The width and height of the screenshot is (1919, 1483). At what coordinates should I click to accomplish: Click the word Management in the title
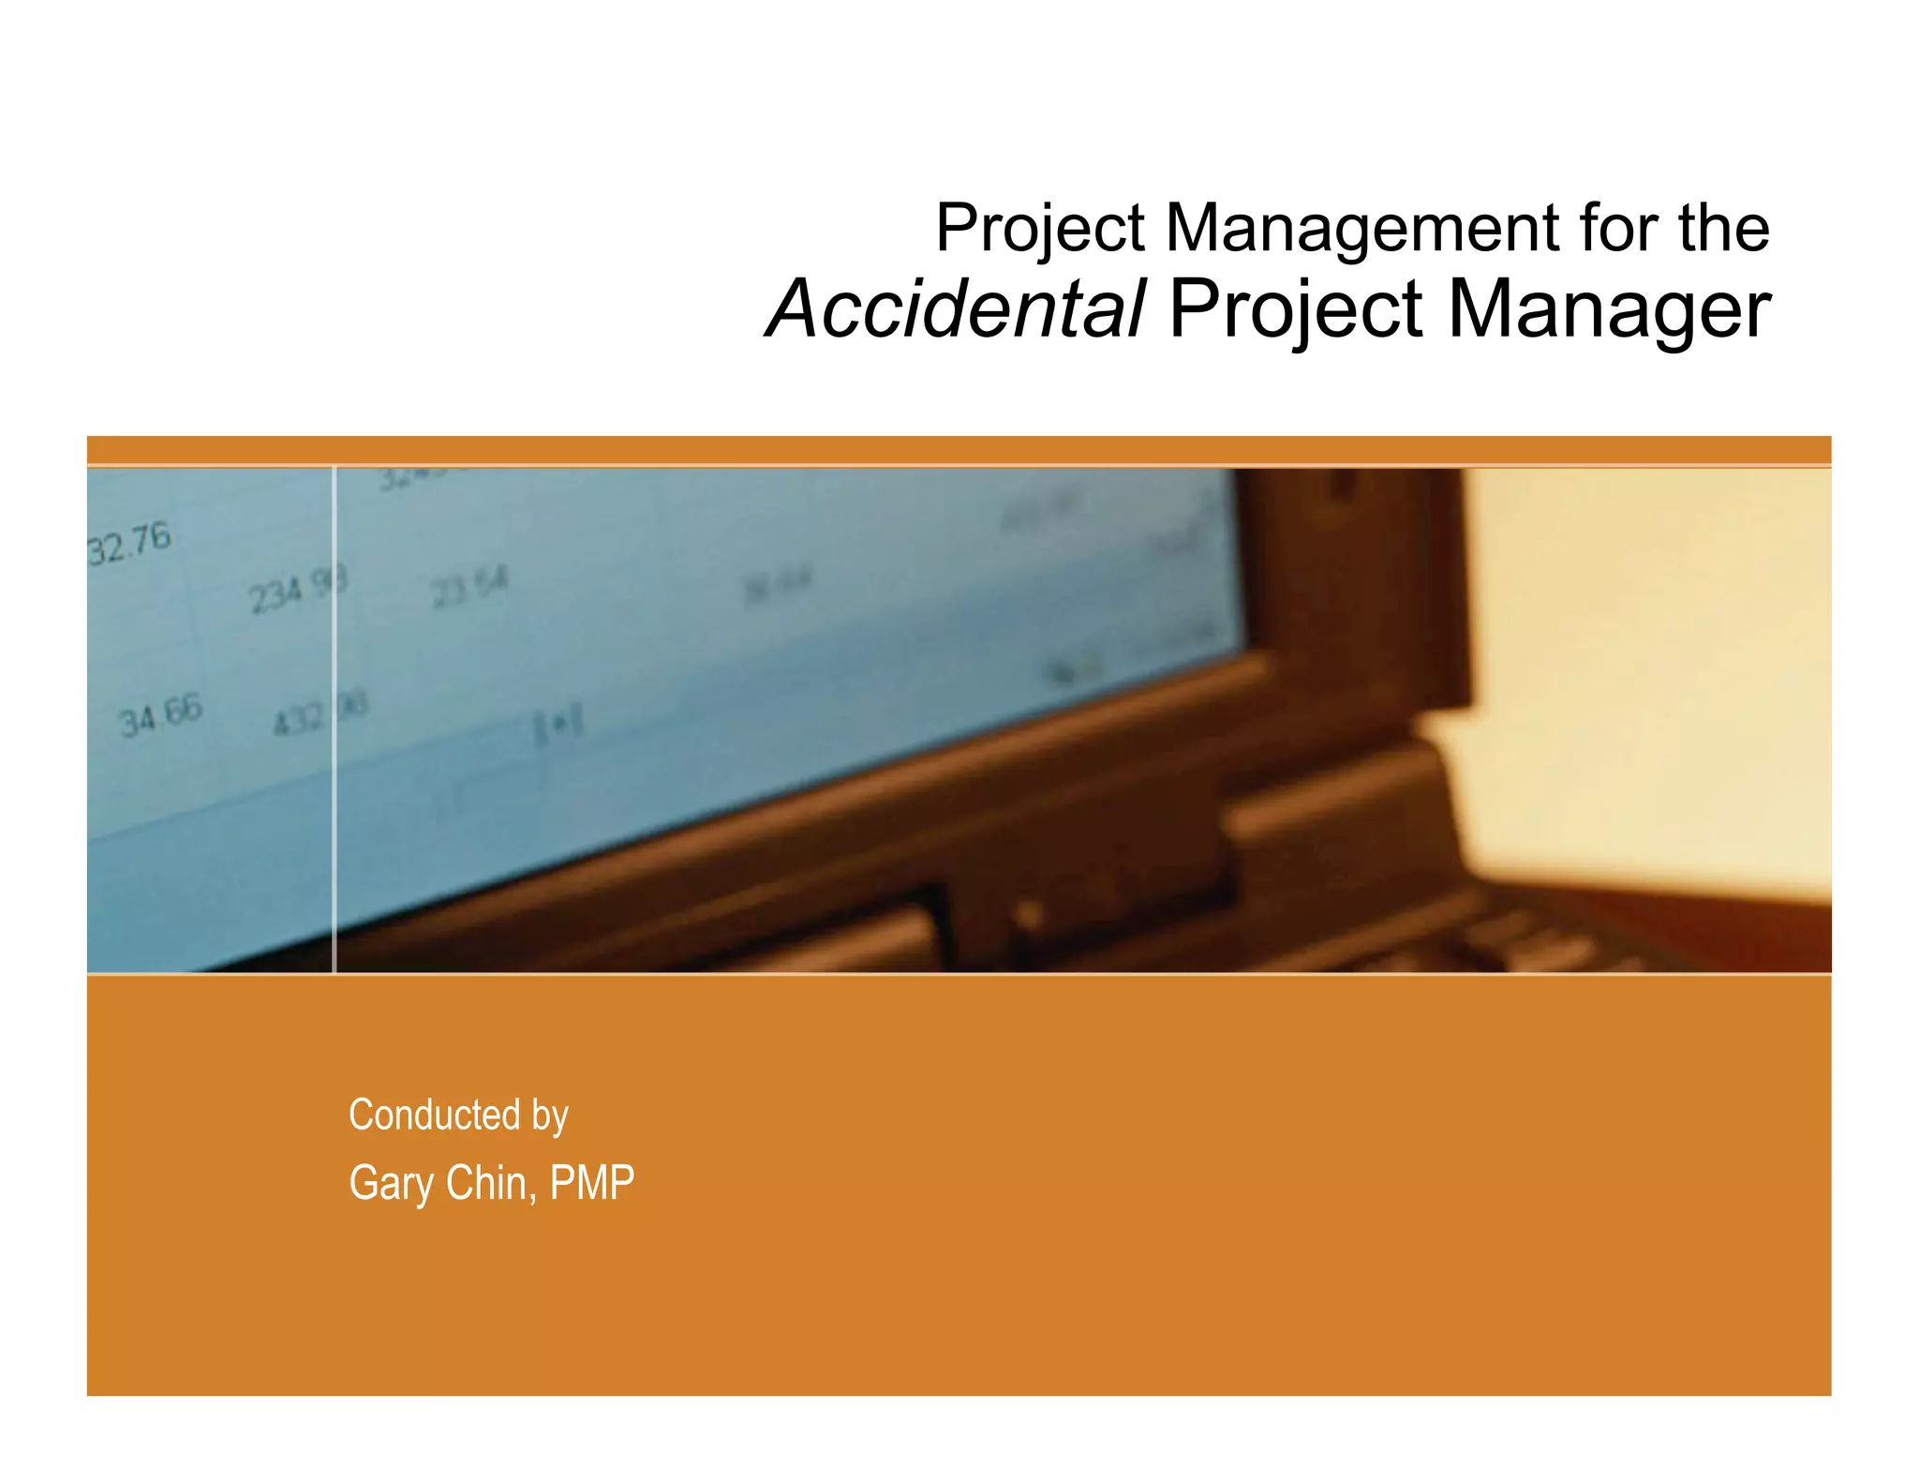[1362, 228]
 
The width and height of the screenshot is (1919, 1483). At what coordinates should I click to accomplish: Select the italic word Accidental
[956, 309]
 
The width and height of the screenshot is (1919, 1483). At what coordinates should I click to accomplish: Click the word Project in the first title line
[1040, 230]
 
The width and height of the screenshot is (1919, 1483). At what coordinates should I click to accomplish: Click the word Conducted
[435, 1115]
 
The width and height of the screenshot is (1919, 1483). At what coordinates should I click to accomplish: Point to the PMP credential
[591, 1182]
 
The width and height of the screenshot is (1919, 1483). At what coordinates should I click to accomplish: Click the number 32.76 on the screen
[129, 544]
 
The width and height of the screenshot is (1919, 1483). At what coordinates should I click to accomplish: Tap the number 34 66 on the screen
[160, 716]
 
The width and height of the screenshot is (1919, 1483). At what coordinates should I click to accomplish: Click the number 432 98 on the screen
[320, 714]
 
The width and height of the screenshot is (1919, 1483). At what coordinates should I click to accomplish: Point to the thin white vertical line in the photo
[335, 844]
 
